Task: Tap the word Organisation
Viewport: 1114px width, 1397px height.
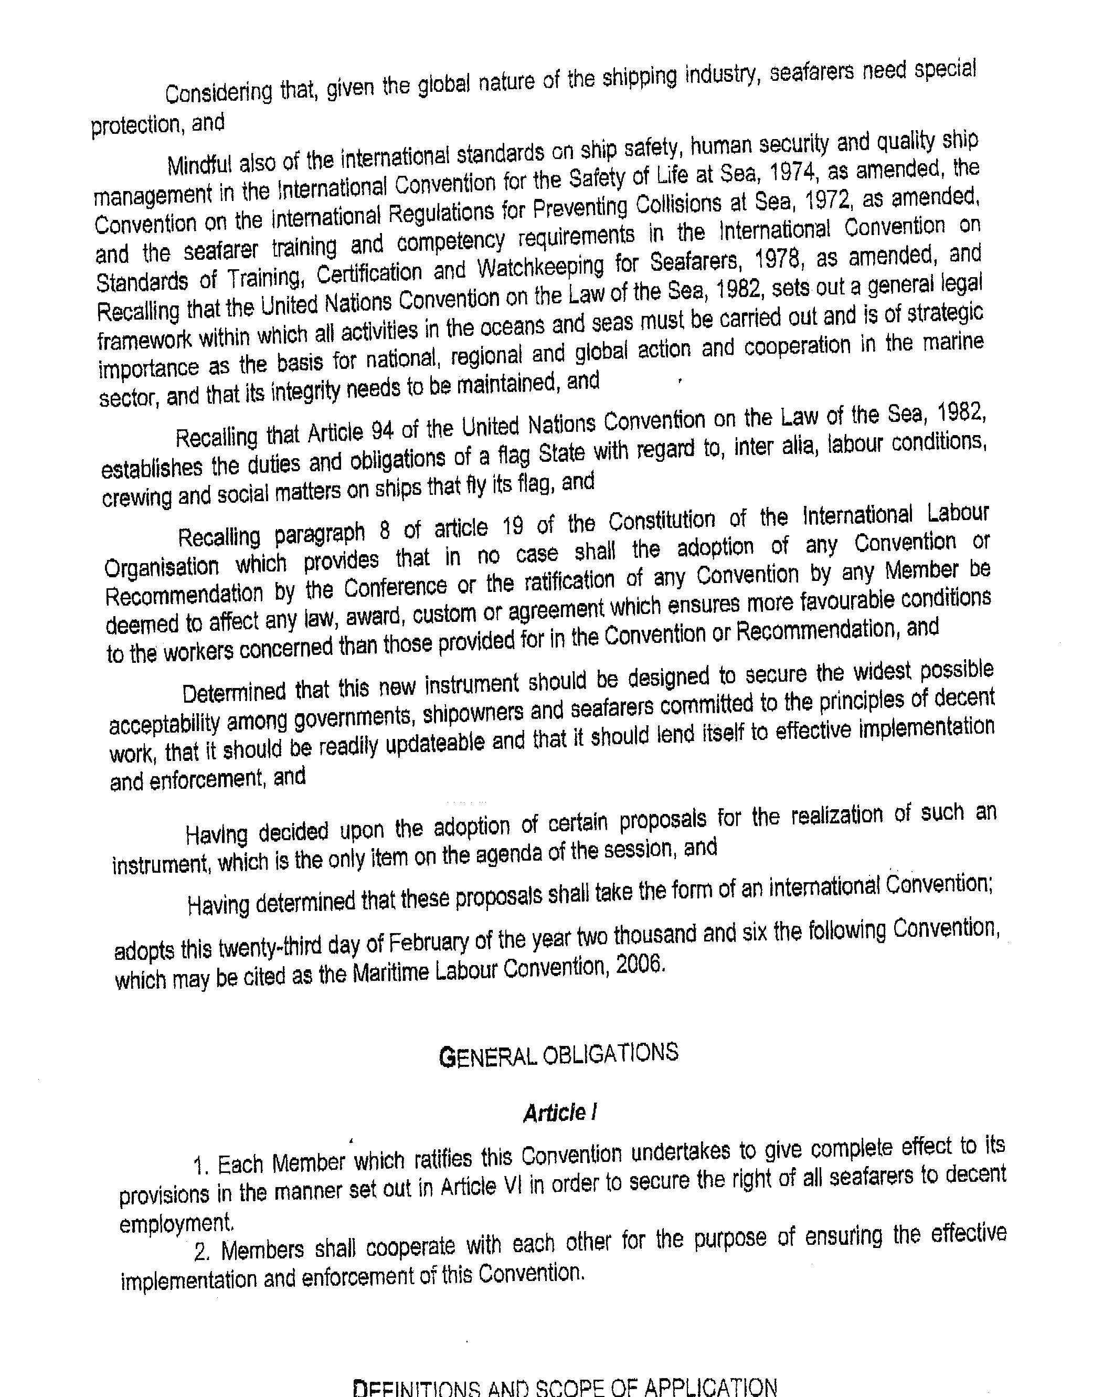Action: (162, 567)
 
